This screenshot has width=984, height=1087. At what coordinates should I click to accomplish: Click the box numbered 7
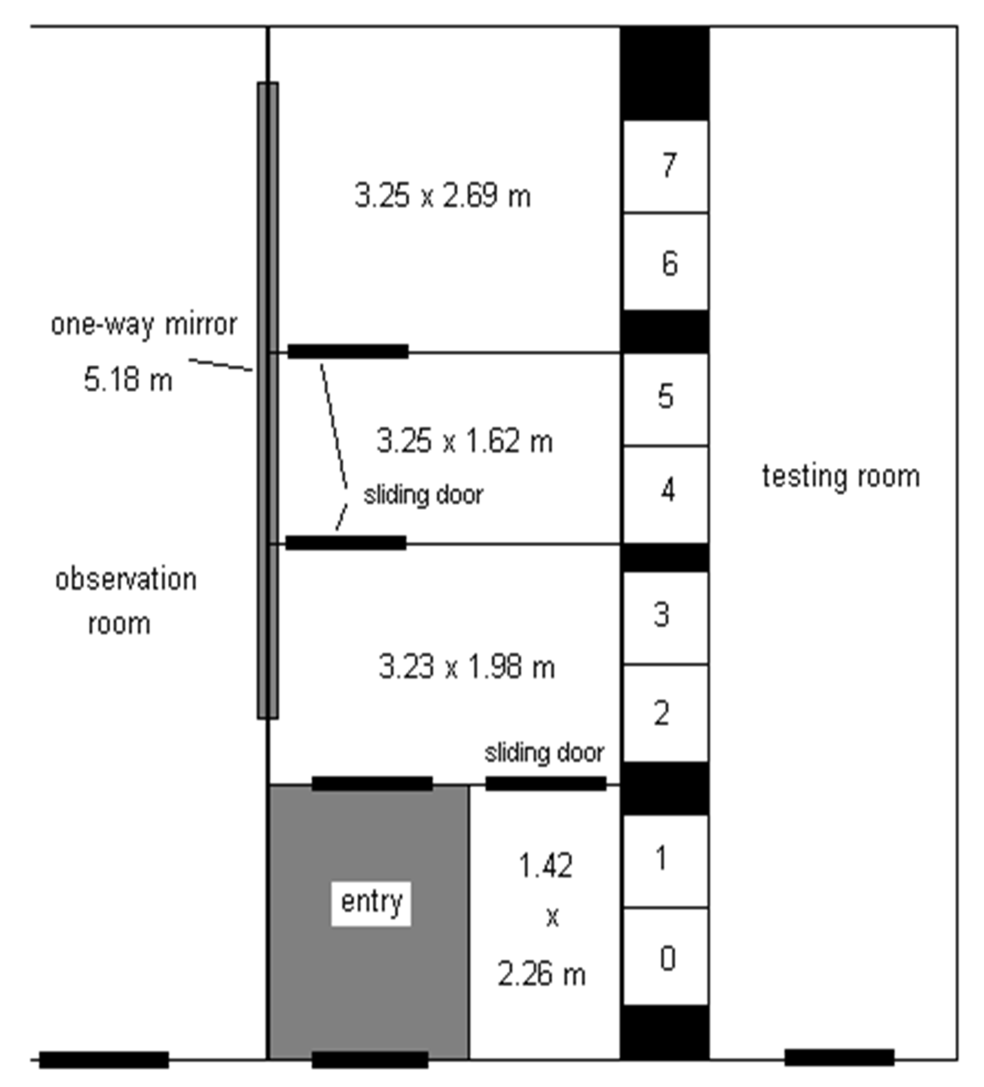click(666, 166)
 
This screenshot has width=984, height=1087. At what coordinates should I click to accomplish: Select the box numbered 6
click(666, 261)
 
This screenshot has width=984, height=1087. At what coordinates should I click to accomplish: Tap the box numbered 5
click(666, 399)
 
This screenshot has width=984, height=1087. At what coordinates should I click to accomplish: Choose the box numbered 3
click(666, 617)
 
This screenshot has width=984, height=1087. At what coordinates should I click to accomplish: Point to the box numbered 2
click(666, 713)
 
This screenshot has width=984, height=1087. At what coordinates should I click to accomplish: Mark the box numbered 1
click(666, 861)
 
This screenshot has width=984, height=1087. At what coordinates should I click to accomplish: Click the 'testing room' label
click(841, 477)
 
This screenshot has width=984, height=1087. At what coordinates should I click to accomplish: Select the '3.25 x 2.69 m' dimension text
click(443, 195)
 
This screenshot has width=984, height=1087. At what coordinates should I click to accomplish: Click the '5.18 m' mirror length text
click(129, 379)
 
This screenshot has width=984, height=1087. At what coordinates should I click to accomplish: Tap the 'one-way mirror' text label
click(144, 325)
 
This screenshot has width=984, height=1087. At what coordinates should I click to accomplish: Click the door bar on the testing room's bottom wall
click(839, 1057)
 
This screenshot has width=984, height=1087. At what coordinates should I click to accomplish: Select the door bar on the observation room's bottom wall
click(104, 1059)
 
